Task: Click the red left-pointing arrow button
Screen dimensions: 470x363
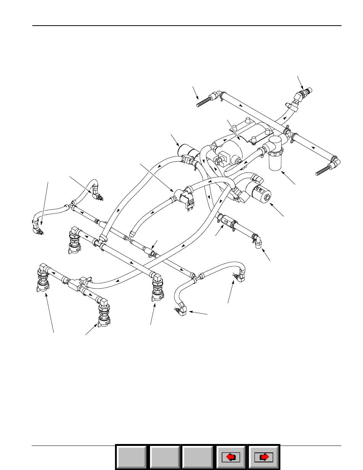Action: [x=232, y=457]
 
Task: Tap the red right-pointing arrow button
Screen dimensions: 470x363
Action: [x=264, y=457]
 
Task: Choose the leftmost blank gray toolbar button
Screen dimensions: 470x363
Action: [x=131, y=457]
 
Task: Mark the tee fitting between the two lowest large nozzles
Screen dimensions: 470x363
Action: [x=75, y=283]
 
